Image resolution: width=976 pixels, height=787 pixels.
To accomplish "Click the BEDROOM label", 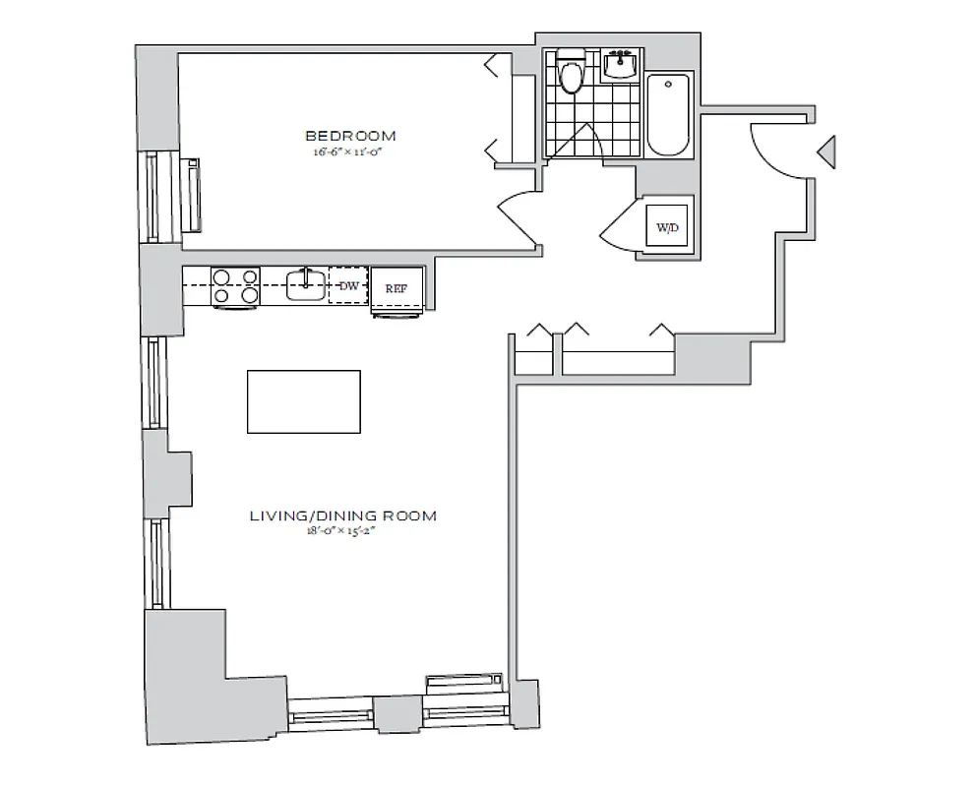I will tap(350, 136).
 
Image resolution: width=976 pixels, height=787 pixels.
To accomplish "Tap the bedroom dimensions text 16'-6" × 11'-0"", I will tap(350, 151).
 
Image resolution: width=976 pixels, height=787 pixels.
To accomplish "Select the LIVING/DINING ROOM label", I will tap(342, 515).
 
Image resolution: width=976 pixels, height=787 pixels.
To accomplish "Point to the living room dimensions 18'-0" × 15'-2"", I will tap(342, 531).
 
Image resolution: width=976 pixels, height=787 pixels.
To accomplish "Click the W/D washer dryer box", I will tap(667, 227).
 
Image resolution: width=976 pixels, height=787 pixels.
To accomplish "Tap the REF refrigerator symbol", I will tap(396, 288).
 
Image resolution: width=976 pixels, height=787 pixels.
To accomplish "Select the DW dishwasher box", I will tap(347, 285).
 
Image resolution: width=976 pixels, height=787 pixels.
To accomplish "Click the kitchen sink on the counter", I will tap(306, 285).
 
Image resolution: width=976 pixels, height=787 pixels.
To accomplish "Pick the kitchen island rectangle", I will tap(303, 401).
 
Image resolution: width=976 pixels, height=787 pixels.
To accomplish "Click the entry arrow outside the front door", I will tap(827, 151).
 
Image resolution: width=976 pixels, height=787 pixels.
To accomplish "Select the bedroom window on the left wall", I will tap(154, 197).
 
